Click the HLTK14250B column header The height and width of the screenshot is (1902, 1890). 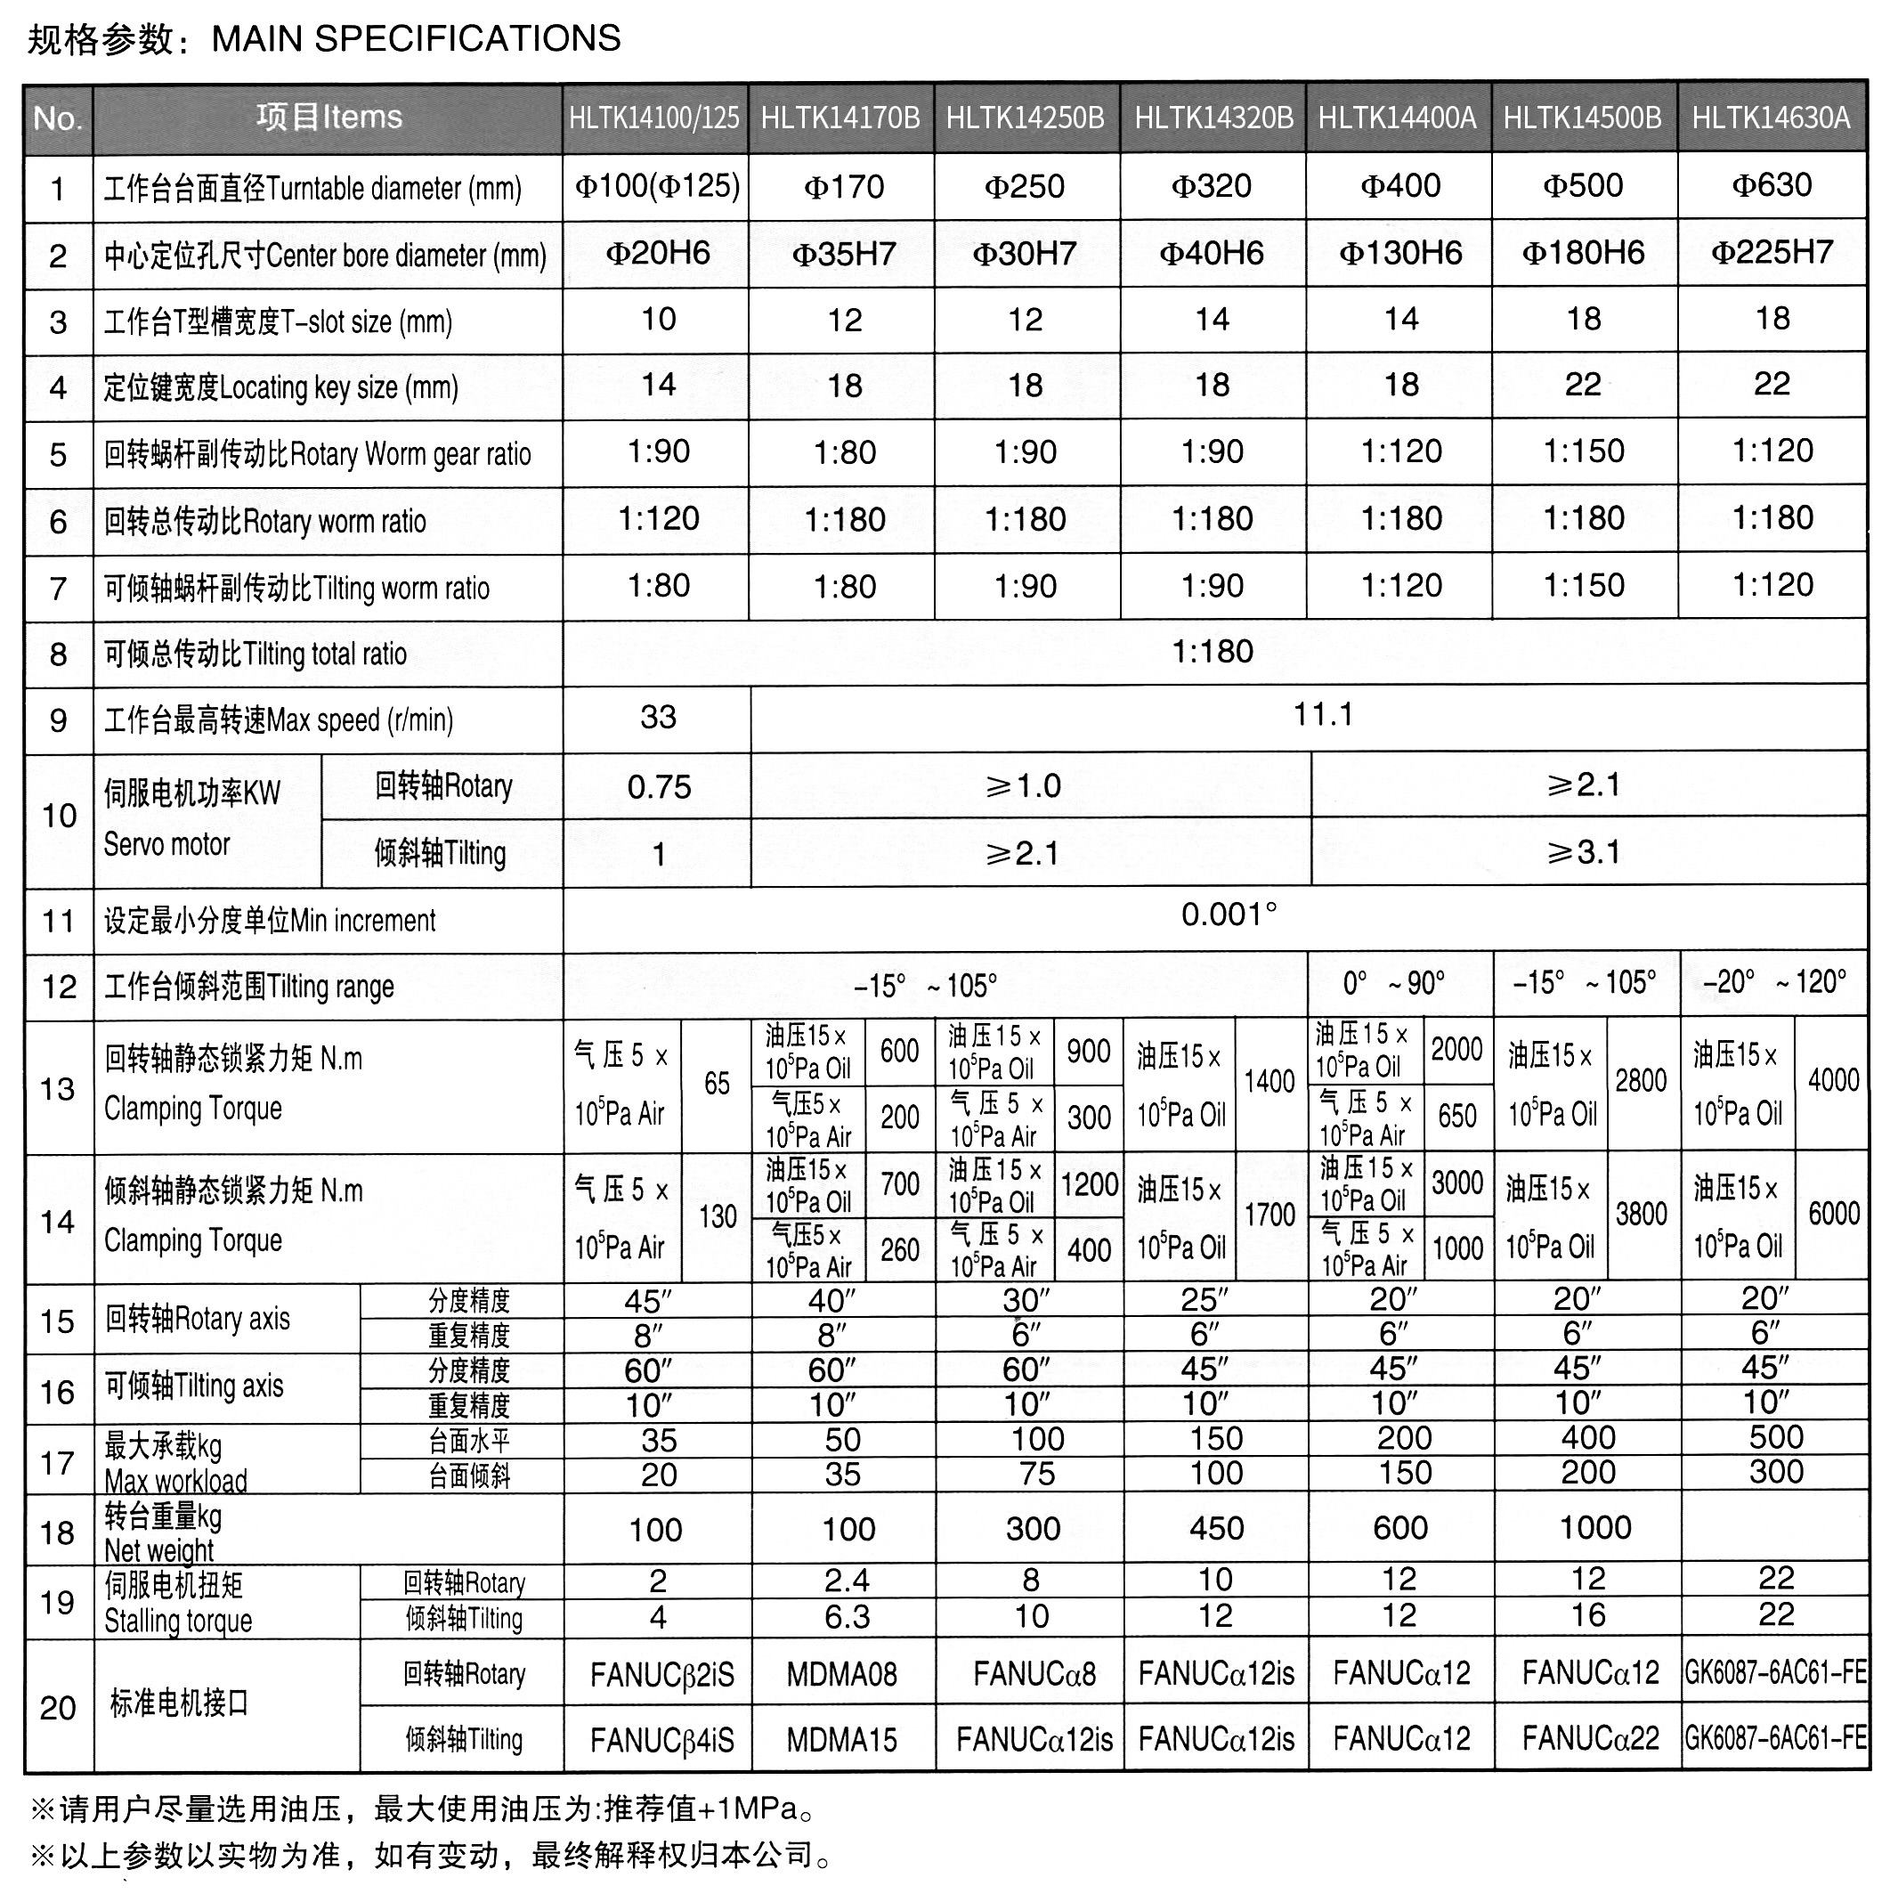tap(1025, 119)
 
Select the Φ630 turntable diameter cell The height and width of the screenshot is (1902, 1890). tap(1771, 185)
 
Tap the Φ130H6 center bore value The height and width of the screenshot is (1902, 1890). tap(1399, 253)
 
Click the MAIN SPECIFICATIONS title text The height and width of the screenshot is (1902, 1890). tap(417, 38)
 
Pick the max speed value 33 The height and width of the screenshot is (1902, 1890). tap(658, 718)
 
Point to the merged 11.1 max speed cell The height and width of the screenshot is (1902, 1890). tap(1322, 715)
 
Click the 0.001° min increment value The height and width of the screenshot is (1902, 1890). tap(1229, 915)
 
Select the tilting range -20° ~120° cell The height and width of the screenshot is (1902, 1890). tap(1774, 982)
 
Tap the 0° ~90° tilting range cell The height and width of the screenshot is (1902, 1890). tap(1394, 982)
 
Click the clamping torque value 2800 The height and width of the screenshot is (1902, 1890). tap(1641, 1081)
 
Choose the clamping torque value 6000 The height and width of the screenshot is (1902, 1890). tap(1833, 1214)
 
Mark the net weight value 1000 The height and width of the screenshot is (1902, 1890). tap(1594, 1528)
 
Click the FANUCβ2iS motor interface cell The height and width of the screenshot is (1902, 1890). tap(661, 1675)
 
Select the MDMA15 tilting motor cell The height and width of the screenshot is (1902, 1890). tap(841, 1741)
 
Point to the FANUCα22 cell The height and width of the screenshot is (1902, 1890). tap(1590, 1740)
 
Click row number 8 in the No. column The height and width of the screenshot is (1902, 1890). tap(58, 654)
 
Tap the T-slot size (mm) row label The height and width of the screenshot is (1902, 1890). tap(278, 322)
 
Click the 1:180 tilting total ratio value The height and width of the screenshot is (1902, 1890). tap(1212, 652)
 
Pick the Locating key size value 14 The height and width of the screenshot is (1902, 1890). tap(658, 385)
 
